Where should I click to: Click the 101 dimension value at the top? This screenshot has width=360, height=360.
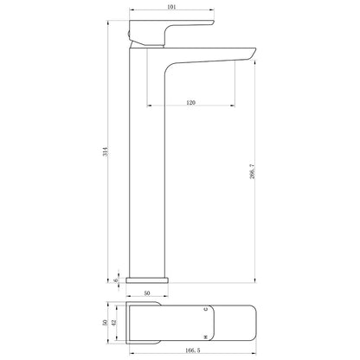pos(171,7)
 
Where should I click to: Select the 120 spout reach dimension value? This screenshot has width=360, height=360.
pos(190,102)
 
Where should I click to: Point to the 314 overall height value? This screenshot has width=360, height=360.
pos(106,151)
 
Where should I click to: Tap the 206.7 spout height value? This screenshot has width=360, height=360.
pos(253,171)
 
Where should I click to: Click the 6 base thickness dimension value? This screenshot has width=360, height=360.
pos(116,280)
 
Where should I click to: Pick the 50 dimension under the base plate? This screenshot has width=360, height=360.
pos(147,293)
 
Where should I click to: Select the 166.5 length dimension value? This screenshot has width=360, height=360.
pos(192,350)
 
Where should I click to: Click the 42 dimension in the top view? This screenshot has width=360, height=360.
pos(113,323)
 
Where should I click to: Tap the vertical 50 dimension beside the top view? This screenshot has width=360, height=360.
pos(105,323)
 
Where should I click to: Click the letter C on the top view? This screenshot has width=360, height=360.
pos(206,309)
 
